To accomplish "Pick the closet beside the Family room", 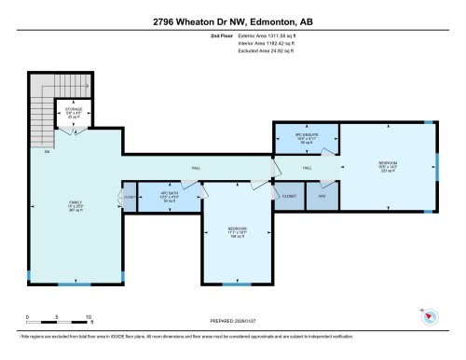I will click(129, 198).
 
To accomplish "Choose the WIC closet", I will click(321, 197).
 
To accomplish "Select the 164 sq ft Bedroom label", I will click(237, 230).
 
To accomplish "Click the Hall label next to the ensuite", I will click(306, 168).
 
